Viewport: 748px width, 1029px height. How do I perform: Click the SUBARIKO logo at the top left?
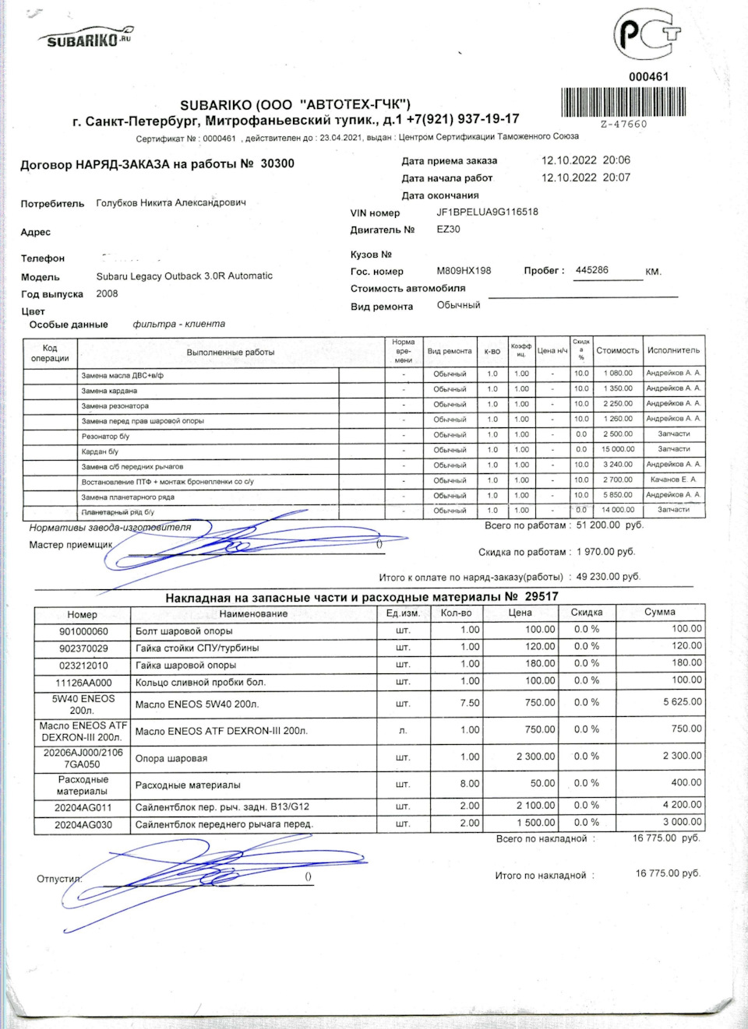(x=86, y=37)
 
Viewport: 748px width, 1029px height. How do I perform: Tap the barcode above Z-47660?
(x=623, y=102)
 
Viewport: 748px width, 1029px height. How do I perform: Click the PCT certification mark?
(x=646, y=35)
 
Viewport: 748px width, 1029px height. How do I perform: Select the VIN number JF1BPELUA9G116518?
(x=487, y=212)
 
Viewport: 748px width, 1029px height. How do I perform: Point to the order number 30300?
(x=277, y=163)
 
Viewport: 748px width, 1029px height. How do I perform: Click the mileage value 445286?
(x=592, y=270)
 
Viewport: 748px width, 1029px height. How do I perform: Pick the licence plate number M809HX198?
(x=464, y=271)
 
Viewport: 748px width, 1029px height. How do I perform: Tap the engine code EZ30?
(x=448, y=229)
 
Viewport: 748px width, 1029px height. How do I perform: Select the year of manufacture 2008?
(x=107, y=293)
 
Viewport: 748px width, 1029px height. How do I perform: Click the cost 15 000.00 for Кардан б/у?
(x=617, y=449)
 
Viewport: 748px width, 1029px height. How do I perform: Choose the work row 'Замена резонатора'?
(x=115, y=406)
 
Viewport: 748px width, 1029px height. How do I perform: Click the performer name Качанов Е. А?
(x=673, y=479)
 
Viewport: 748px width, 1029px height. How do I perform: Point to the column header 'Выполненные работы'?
(x=230, y=353)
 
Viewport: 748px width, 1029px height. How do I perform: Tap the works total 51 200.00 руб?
(x=609, y=525)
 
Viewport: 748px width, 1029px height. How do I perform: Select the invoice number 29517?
(x=542, y=596)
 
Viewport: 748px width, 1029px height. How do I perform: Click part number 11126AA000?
(x=83, y=683)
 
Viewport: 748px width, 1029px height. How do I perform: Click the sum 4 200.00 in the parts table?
(x=683, y=805)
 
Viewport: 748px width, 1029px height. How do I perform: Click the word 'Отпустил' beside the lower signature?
(x=58, y=879)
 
